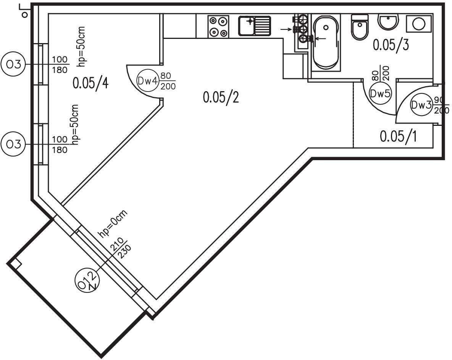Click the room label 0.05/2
point(221,97)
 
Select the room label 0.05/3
point(391,45)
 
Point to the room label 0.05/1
point(398,136)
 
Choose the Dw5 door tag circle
point(381,94)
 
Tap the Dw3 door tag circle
point(421,105)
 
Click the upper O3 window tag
point(13,64)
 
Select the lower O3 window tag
point(13,144)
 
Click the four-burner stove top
point(218,26)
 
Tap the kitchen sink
point(255,26)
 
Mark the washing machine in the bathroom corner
point(419,23)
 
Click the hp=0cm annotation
point(113,224)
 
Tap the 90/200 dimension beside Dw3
point(441,105)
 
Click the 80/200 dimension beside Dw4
point(168,81)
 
